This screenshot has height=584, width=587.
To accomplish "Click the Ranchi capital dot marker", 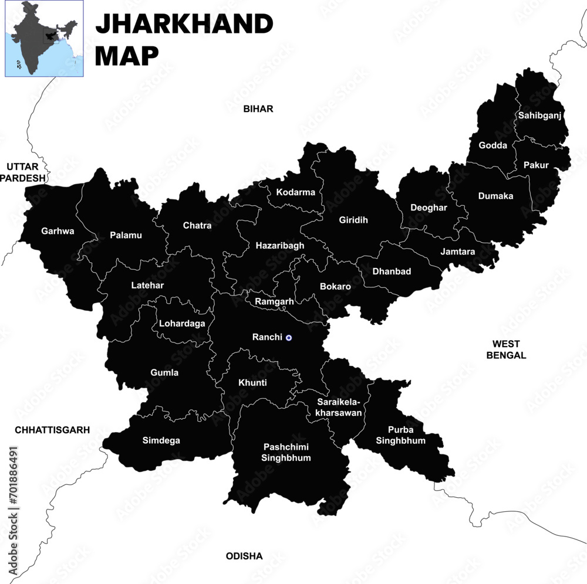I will point(288,338).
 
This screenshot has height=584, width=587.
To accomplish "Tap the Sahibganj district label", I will point(539,116).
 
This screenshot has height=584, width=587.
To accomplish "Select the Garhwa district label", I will point(58,231).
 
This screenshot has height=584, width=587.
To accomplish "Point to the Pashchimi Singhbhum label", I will point(286,451).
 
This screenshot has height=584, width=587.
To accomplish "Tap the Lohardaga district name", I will point(182,323).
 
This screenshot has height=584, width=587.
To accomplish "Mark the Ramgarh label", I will point(274,301).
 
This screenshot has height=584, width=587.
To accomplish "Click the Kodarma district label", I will point(295,192).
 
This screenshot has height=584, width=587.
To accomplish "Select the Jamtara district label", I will point(458,252).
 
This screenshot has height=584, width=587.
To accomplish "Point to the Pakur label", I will point(536,165).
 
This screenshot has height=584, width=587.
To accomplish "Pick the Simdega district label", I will point(161,440).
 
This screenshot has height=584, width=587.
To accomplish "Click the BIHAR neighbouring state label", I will point(258,109).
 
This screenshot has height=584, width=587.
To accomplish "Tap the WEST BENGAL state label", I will point(506,349).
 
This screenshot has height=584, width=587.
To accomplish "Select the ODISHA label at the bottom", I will point(244,556).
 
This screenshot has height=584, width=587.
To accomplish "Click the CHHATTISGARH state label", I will point(52,430).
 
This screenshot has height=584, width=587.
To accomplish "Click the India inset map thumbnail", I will point(44,39).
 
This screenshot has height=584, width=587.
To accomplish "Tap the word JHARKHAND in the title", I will point(184,24).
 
